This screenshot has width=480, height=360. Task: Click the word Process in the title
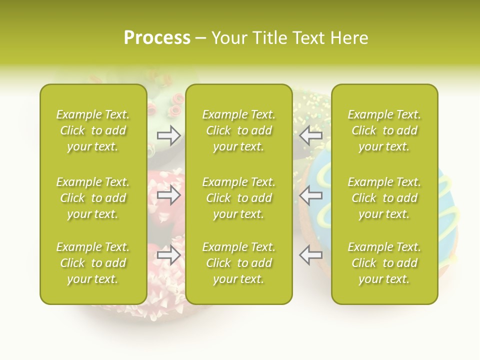point(157,38)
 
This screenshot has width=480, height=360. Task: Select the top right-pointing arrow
point(169,135)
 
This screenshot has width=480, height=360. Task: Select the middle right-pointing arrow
point(169,195)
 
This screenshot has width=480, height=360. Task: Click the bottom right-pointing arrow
point(169,255)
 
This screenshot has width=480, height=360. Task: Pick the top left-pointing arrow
point(311,135)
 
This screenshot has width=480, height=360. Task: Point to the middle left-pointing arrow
point(311,195)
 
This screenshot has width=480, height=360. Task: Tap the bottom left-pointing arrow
point(311,255)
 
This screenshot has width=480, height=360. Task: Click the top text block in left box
point(93,130)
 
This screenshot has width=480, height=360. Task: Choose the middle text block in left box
point(93,198)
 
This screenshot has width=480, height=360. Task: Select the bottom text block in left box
point(93,263)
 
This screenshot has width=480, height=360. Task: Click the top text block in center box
point(238,130)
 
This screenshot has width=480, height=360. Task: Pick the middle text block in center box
point(238,198)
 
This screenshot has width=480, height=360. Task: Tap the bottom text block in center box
point(238,263)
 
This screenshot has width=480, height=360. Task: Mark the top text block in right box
point(384,130)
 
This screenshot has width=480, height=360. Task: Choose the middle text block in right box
point(384,198)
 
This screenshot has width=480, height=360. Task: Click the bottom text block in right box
point(384,263)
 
